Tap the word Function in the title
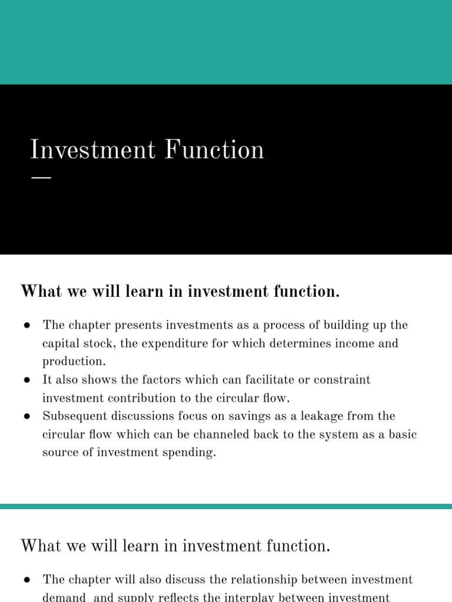[x=215, y=150]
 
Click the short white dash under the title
[x=41, y=177]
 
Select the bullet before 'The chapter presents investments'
[x=27, y=326]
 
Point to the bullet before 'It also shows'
[x=27, y=380]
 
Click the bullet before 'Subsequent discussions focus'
[x=27, y=417]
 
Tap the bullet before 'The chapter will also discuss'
[x=27, y=580]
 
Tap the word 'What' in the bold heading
[x=38, y=291]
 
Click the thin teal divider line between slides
[x=226, y=506]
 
